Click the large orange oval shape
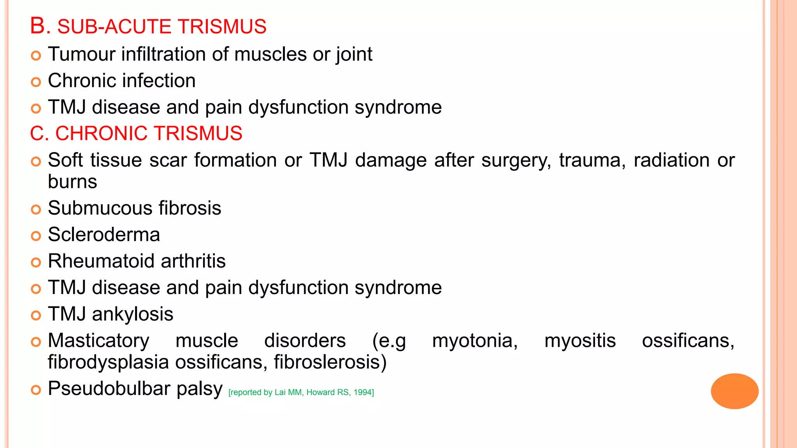coord(734,391)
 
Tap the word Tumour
coord(81,54)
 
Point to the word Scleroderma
coord(104,234)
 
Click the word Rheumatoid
coord(101,261)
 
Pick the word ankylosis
coord(132,314)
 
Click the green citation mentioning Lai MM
coord(301,392)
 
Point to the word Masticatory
coord(98,341)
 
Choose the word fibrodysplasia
coord(108,362)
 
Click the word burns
coord(72,182)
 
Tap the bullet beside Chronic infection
coord(36,82)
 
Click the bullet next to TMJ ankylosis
coord(36,315)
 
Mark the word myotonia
coord(474,341)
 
